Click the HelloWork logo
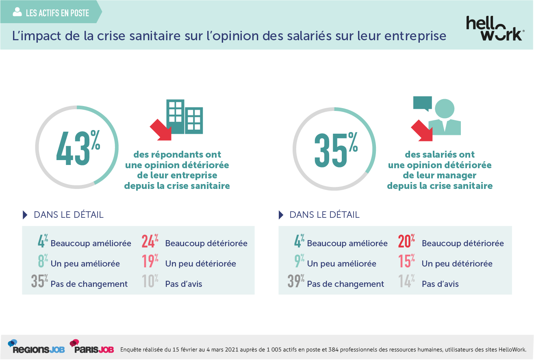coord(494,28)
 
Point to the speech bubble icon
coord(422,103)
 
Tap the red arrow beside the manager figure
coord(422,131)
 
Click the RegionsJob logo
coord(36,347)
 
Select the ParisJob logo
coord(91,347)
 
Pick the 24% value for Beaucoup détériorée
coord(150,242)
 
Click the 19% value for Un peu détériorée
coord(150,262)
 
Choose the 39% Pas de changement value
coord(296,282)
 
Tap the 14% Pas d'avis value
coord(406,282)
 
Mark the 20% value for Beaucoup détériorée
coord(406,242)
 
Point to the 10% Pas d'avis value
coord(150,282)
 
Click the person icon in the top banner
coord(17,12)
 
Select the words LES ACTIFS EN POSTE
coord(57,13)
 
